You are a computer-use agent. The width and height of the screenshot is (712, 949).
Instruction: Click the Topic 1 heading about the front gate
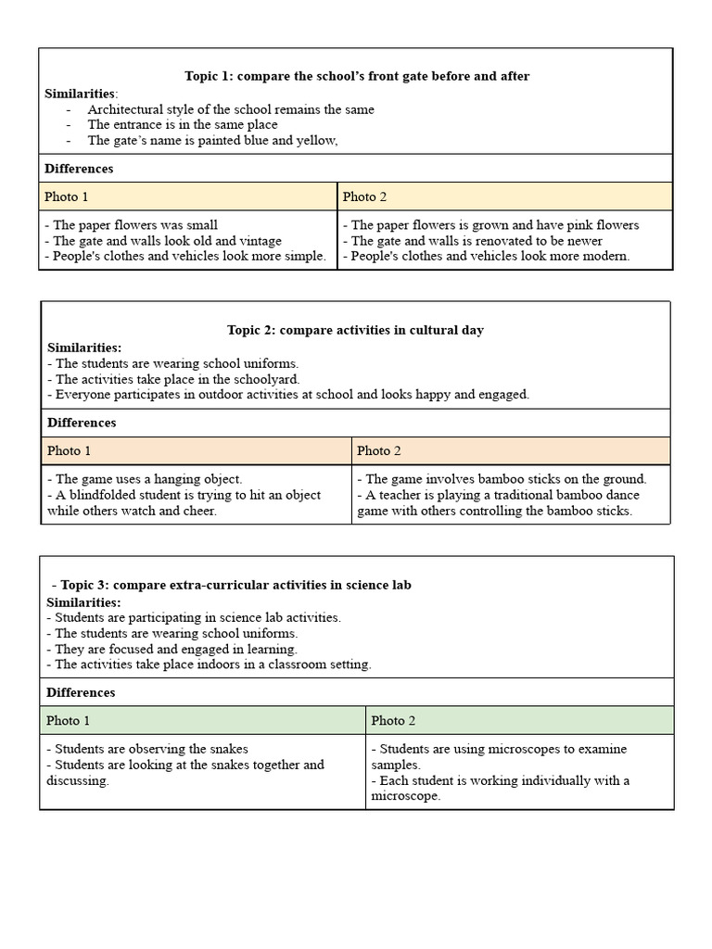(x=357, y=76)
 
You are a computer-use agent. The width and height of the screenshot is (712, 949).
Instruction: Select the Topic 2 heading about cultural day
(x=355, y=330)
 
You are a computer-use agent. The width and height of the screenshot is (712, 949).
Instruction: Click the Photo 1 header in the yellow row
(x=67, y=196)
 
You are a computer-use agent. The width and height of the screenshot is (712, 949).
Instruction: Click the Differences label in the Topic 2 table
(x=82, y=423)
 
